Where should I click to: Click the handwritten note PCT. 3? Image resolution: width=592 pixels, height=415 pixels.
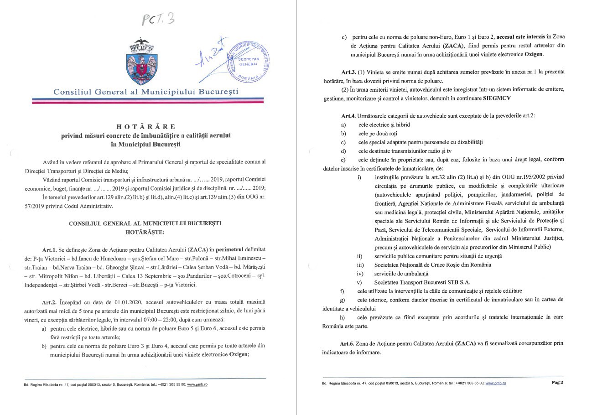[x=158, y=19]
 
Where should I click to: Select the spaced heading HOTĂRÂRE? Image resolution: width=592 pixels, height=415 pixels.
[x=145, y=126]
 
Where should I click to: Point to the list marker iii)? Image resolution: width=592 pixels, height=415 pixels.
[x=360, y=265]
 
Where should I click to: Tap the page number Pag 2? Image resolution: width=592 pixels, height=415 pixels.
[x=557, y=383]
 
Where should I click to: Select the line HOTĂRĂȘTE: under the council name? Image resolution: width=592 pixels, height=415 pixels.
[x=145, y=232]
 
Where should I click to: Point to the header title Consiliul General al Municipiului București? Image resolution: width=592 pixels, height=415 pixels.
[x=146, y=92]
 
